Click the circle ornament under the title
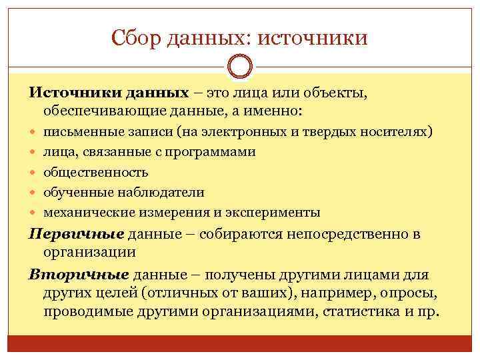click(x=240, y=67)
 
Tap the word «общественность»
click(x=96, y=172)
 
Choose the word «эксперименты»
click(x=275, y=213)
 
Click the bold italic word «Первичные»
click(x=77, y=234)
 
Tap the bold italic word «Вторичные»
click(x=79, y=275)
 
